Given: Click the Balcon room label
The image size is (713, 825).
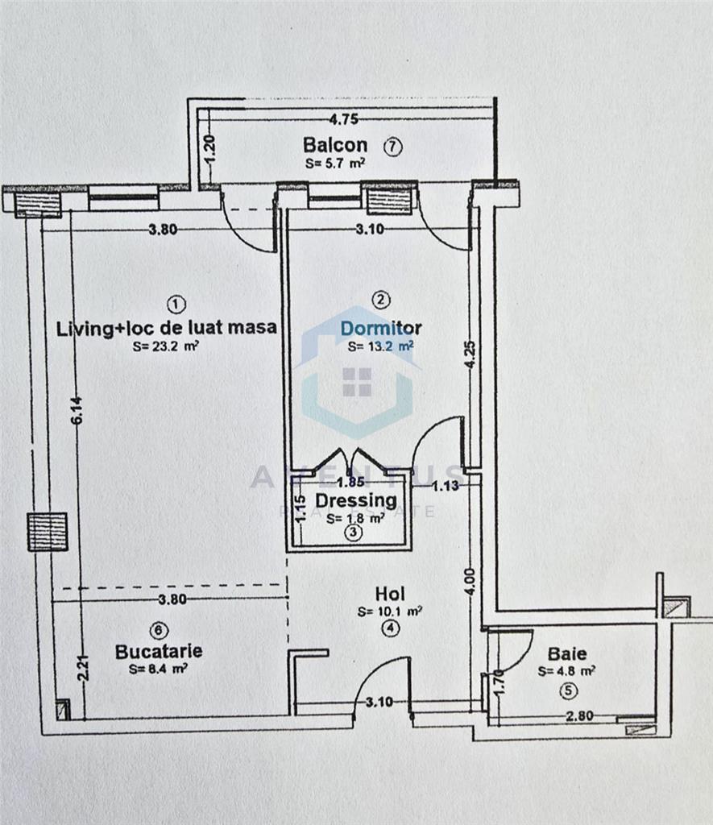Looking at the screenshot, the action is [x=335, y=145].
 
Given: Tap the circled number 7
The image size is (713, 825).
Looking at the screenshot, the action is [x=392, y=147].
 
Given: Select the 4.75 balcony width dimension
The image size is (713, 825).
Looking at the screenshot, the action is [x=343, y=119].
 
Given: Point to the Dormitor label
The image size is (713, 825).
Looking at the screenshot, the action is [x=381, y=329].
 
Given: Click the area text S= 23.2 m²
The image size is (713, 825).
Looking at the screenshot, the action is [x=165, y=346].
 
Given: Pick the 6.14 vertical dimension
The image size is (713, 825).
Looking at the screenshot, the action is [x=77, y=410].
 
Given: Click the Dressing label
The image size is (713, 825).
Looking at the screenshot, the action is [x=356, y=500].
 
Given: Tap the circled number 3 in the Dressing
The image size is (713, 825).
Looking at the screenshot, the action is [x=353, y=532].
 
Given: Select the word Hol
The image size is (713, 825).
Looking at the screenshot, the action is [x=390, y=594].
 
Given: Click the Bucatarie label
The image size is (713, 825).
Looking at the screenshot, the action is [x=159, y=651].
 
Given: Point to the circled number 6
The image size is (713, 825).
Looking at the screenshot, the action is [x=160, y=630].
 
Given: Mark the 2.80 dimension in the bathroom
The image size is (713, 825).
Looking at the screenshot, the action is [x=579, y=715].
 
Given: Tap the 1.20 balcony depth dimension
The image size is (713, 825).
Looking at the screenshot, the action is [x=210, y=149].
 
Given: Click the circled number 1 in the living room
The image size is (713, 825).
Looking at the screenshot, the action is [x=176, y=304].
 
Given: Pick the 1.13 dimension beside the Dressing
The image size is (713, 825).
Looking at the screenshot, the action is [x=446, y=486].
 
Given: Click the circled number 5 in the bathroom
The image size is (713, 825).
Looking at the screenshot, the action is [x=568, y=690].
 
